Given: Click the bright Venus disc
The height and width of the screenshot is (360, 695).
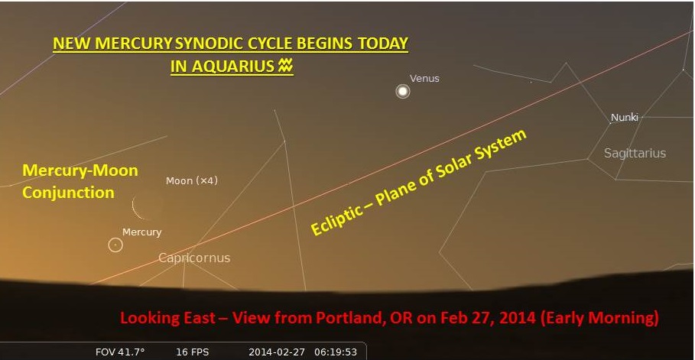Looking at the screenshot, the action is coord(402,91).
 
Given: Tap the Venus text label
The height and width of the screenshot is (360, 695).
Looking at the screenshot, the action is coord(424,79).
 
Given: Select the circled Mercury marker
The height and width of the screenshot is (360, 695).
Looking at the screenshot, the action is coord(115,245).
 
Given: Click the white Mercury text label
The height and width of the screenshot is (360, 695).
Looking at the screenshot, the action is coord(142,232).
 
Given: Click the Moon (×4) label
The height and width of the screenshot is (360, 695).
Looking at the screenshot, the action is coord(192,181).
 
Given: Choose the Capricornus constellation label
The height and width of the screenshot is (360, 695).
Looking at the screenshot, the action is coord(194,258).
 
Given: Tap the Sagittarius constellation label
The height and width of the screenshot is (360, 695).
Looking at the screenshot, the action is coord(635,154).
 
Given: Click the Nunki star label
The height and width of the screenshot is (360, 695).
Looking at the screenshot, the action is coord(625,118).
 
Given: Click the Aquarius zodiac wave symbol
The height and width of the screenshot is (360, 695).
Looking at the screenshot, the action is coord(285,66).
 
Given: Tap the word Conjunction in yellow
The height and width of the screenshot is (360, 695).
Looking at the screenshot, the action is coord(68,193).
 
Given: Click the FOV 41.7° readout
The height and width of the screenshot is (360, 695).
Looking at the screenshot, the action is coord(120,352).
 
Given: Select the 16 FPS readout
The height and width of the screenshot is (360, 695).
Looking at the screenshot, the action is coord(192,352).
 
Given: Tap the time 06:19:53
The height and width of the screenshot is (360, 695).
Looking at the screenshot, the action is coord(336,352).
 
